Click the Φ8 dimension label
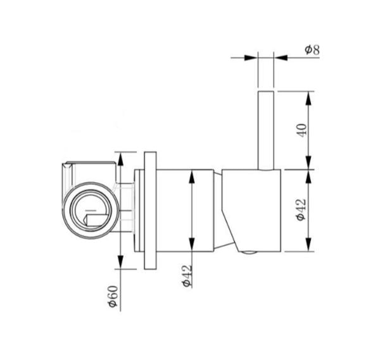[312, 50]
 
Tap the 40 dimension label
[303, 130]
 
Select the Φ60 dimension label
[113, 296]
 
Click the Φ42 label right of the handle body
[301, 209]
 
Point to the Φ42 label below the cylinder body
[187, 276]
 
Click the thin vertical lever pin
[266, 130]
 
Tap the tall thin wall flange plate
[150, 210]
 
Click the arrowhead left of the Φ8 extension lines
[251, 58]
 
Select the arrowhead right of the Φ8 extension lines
[280, 58]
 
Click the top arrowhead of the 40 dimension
[308, 98]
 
